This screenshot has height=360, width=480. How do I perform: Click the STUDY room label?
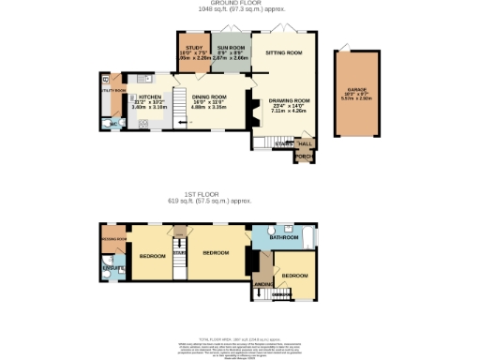pyautogui.click(x=194, y=47)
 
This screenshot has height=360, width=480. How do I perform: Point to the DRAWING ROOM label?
pyautogui.click(x=289, y=100)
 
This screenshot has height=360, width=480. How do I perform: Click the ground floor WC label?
pyautogui.click(x=113, y=123)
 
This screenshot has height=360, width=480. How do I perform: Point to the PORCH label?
pyautogui.click(x=304, y=156)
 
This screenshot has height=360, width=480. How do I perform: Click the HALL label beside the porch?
pyautogui.click(x=306, y=143)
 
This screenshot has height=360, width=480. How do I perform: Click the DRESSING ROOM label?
pyautogui.click(x=112, y=239)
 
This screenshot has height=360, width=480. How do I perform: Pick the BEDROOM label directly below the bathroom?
pyautogui.click(x=294, y=276)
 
